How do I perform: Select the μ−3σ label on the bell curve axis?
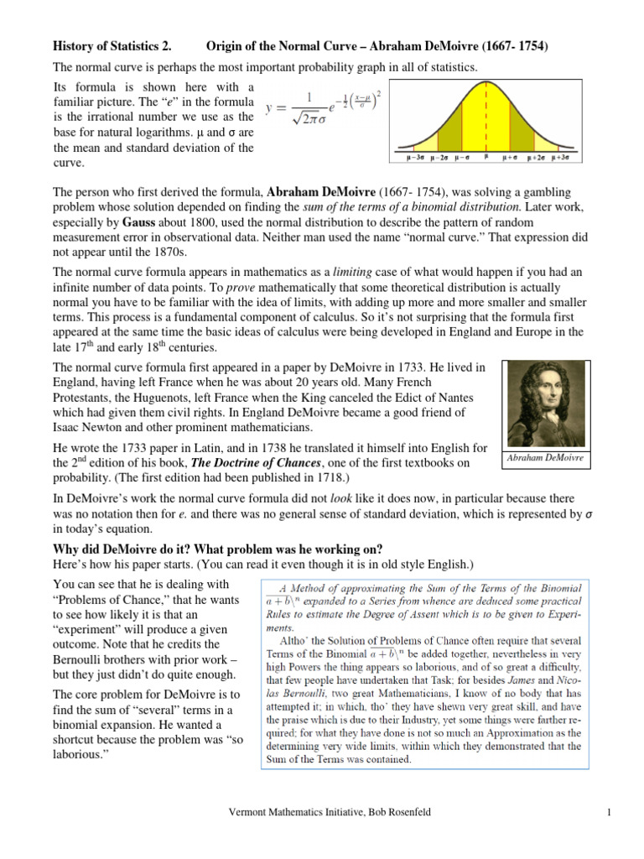[413, 157]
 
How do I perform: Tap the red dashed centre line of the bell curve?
[486, 117]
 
